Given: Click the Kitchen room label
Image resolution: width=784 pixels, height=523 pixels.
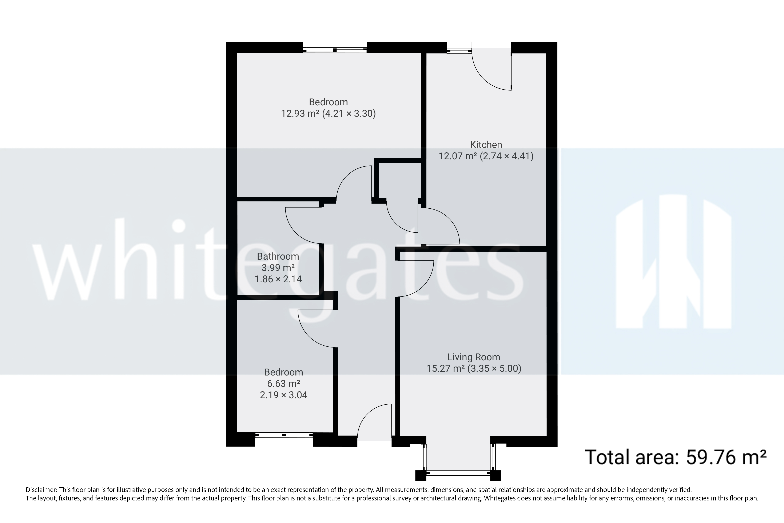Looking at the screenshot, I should point(486,144).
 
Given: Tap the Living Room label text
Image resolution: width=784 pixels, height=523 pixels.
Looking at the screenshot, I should point(473,357).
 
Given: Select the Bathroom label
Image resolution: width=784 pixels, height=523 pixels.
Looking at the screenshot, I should point(278,256).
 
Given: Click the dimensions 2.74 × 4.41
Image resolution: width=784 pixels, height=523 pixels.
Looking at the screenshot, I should point(507,156).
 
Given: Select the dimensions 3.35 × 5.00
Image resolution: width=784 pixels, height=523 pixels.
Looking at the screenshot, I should point(494,368).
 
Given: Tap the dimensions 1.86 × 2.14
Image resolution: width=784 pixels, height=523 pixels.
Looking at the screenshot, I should point(278,279).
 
